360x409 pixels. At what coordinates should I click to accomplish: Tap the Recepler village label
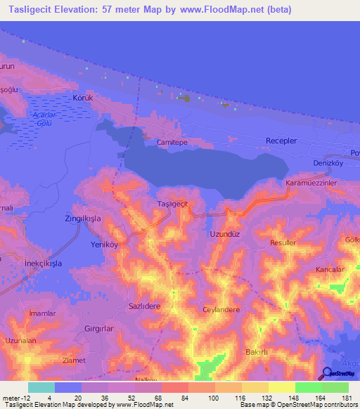(281, 141)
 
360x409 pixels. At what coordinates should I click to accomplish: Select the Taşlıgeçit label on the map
(172, 203)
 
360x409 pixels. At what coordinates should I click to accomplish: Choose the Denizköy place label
(327, 163)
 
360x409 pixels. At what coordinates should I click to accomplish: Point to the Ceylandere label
(221, 309)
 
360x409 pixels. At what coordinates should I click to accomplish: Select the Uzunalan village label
(20, 340)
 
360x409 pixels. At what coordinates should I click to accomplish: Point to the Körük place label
(83, 98)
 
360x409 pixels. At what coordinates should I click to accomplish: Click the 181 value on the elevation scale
(347, 399)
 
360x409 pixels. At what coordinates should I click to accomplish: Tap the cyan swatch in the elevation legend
(41, 387)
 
